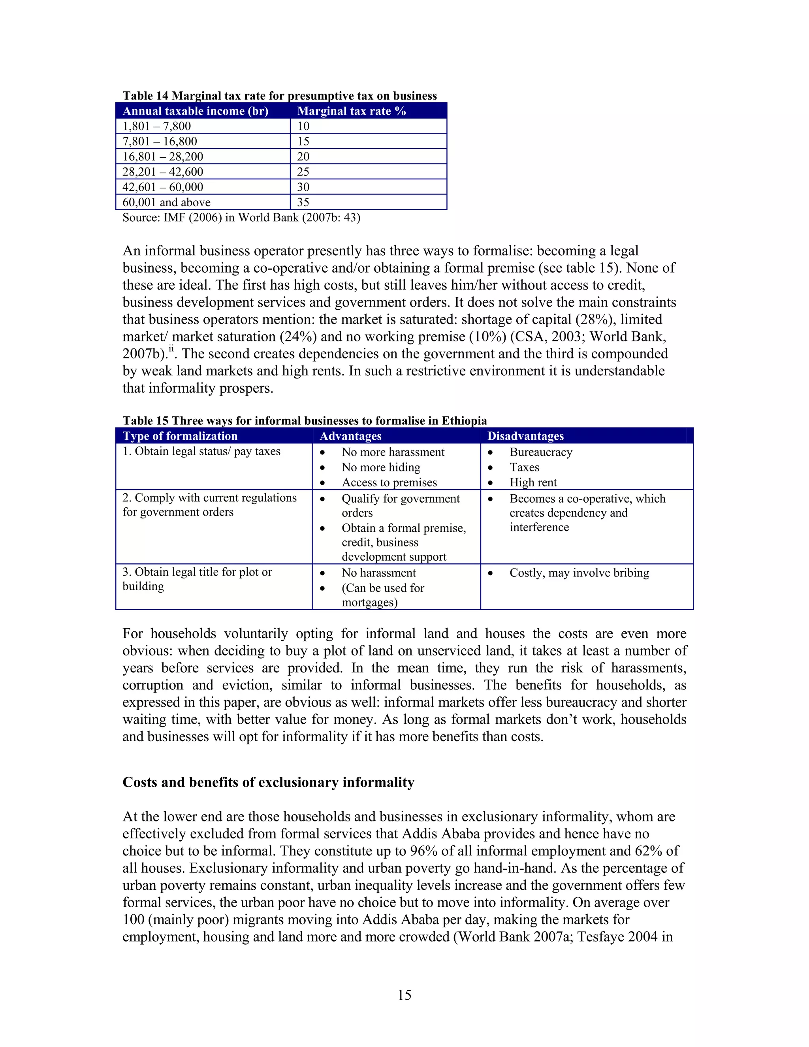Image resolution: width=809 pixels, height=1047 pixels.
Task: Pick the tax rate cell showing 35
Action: [x=303, y=202]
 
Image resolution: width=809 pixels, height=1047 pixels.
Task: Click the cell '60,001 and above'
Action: [x=166, y=202]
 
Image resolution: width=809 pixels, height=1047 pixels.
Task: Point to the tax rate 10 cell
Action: [x=303, y=126]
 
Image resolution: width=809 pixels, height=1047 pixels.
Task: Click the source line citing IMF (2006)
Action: [x=241, y=218]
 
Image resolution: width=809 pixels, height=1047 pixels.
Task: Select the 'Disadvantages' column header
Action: [x=525, y=436]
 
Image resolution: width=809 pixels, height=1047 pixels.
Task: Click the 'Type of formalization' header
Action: [x=180, y=436]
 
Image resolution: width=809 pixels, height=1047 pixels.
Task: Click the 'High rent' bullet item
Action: [x=533, y=483]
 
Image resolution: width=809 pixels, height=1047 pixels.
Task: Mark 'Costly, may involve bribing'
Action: [x=579, y=573]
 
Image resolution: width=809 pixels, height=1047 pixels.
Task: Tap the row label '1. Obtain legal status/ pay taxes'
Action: [x=201, y=451]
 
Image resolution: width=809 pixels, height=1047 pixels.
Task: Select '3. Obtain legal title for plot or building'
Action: [x=197, y=579]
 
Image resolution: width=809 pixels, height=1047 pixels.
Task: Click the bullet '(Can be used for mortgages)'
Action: [x=382, y=595]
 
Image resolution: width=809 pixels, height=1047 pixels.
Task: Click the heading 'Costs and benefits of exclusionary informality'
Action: [x=268, y=782]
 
